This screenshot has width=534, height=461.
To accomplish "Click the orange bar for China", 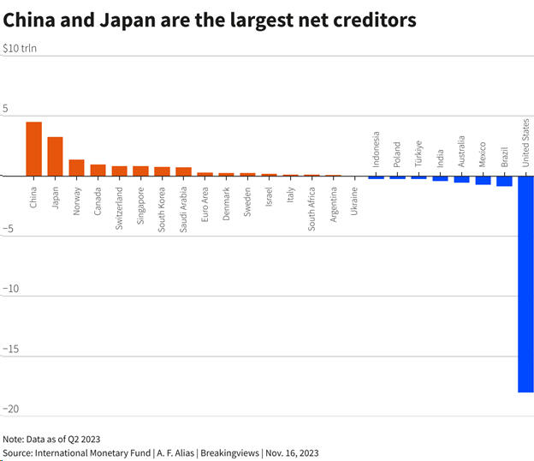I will (33, 148).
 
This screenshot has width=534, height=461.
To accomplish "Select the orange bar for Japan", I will (55, 156).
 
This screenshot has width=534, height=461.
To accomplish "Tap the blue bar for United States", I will (525, 284).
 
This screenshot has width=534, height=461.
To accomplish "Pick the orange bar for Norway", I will (76, 167).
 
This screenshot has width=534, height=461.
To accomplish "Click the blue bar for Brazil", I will (504, 181).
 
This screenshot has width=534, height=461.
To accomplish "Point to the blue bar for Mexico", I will (483, 180).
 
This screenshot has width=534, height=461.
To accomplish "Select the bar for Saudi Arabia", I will (183, 171).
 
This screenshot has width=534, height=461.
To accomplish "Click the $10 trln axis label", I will (20, 48).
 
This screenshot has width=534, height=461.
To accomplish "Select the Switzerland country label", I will (119, 204).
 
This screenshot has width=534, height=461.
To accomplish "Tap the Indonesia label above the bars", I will (376, 150).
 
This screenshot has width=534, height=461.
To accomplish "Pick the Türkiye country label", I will (418, 154).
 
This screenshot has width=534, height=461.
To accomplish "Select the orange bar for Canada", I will (98, 170).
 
